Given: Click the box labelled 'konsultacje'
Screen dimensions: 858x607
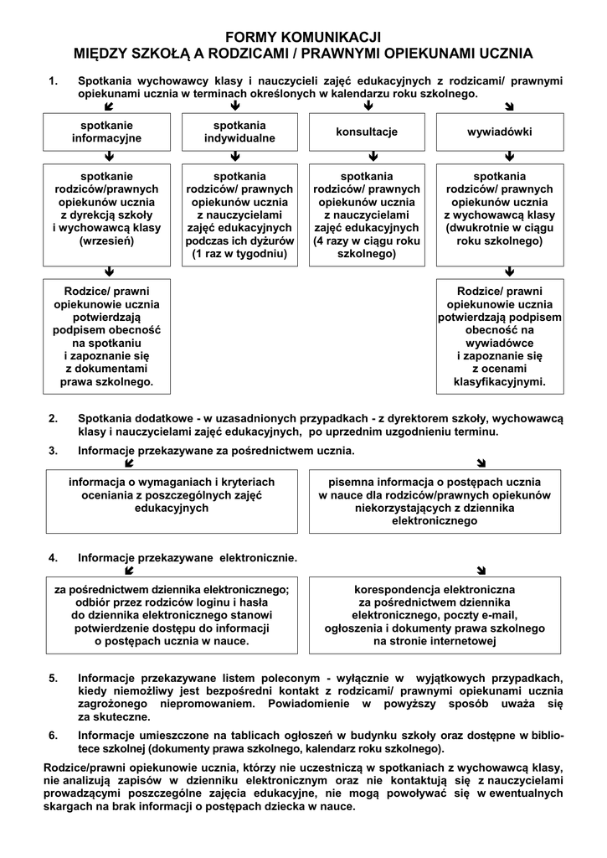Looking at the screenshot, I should [367, 132].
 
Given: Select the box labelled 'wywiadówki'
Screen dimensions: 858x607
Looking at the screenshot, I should [500, 132].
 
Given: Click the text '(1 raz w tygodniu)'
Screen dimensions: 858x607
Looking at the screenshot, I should [239, 253].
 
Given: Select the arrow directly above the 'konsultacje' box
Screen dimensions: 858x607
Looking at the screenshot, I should [368, 106].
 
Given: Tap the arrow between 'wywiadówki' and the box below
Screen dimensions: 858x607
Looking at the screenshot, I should [509, 156].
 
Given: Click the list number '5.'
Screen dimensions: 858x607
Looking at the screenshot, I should [53, 678].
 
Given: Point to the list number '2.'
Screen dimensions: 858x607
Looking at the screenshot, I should [53, 418].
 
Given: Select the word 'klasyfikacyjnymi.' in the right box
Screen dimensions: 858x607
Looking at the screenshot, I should [500, 381].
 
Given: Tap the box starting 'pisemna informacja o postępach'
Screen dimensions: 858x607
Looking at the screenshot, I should [435, 501].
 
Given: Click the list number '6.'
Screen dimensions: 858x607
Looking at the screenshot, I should [53, 736].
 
